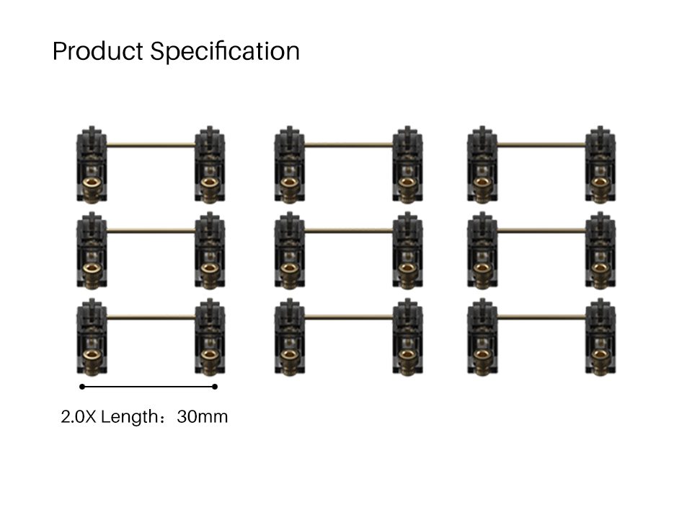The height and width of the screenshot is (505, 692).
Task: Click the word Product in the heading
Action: pos(98,52)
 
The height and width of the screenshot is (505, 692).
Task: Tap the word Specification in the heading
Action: pos(225,52)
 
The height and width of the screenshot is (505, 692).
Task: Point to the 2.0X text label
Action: pos(79,417)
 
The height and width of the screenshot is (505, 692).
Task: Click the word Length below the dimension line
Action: pos(129,417)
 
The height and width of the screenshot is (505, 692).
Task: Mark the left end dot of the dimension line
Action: pos(82,387)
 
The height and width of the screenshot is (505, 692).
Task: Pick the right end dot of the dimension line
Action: pos(215,387)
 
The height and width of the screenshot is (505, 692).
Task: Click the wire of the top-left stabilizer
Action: pos(151,145)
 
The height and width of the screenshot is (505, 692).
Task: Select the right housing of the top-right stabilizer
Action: pos(600,164)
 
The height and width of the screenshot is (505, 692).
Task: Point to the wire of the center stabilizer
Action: pos(348,231)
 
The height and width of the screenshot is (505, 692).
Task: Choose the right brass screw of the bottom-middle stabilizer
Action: pos(407,359)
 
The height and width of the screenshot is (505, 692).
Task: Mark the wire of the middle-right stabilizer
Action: pos(541,231)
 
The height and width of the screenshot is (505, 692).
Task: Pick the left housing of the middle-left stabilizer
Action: pos(92,250)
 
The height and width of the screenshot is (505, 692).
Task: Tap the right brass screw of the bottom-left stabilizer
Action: pos(210,359)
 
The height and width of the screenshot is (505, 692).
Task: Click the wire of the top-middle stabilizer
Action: pos(348,145)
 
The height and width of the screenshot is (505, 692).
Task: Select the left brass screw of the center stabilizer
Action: pos(289,273)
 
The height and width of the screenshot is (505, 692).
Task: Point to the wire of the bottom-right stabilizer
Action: pos(541,317)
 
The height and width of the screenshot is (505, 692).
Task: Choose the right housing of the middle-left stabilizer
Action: pos(210,250)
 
